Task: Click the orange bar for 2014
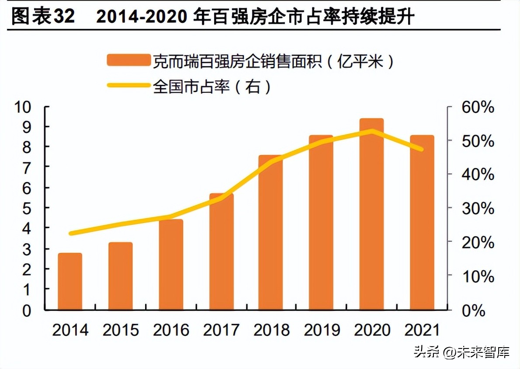pyautogui.click(x=70, y=282)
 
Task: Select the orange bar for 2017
pyautogui.click(x=222, y=252)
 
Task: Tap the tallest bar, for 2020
pyautogui.click(x=371, y=214)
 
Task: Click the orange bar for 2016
pyautogui.click(x=171, y=265)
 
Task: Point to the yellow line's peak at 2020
pyautogui.click(x=372, y=131)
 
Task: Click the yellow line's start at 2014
pyautogui.click(x=70, y=233)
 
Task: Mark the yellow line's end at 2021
pyautogui.click(x=422, y=150)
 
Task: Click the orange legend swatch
pyautogui.click(x=128, y=61)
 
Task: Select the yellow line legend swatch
pyautogui.click(x=128, y=86)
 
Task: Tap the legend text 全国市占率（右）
pyautogui.click(x=212, y=87)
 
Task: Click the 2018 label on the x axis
pyautogui.click(x=272, y=330)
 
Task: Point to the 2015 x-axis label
pyautogui.click(x=121, y=330)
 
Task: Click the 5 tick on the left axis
pyautogui.click(x=27, y=209)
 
